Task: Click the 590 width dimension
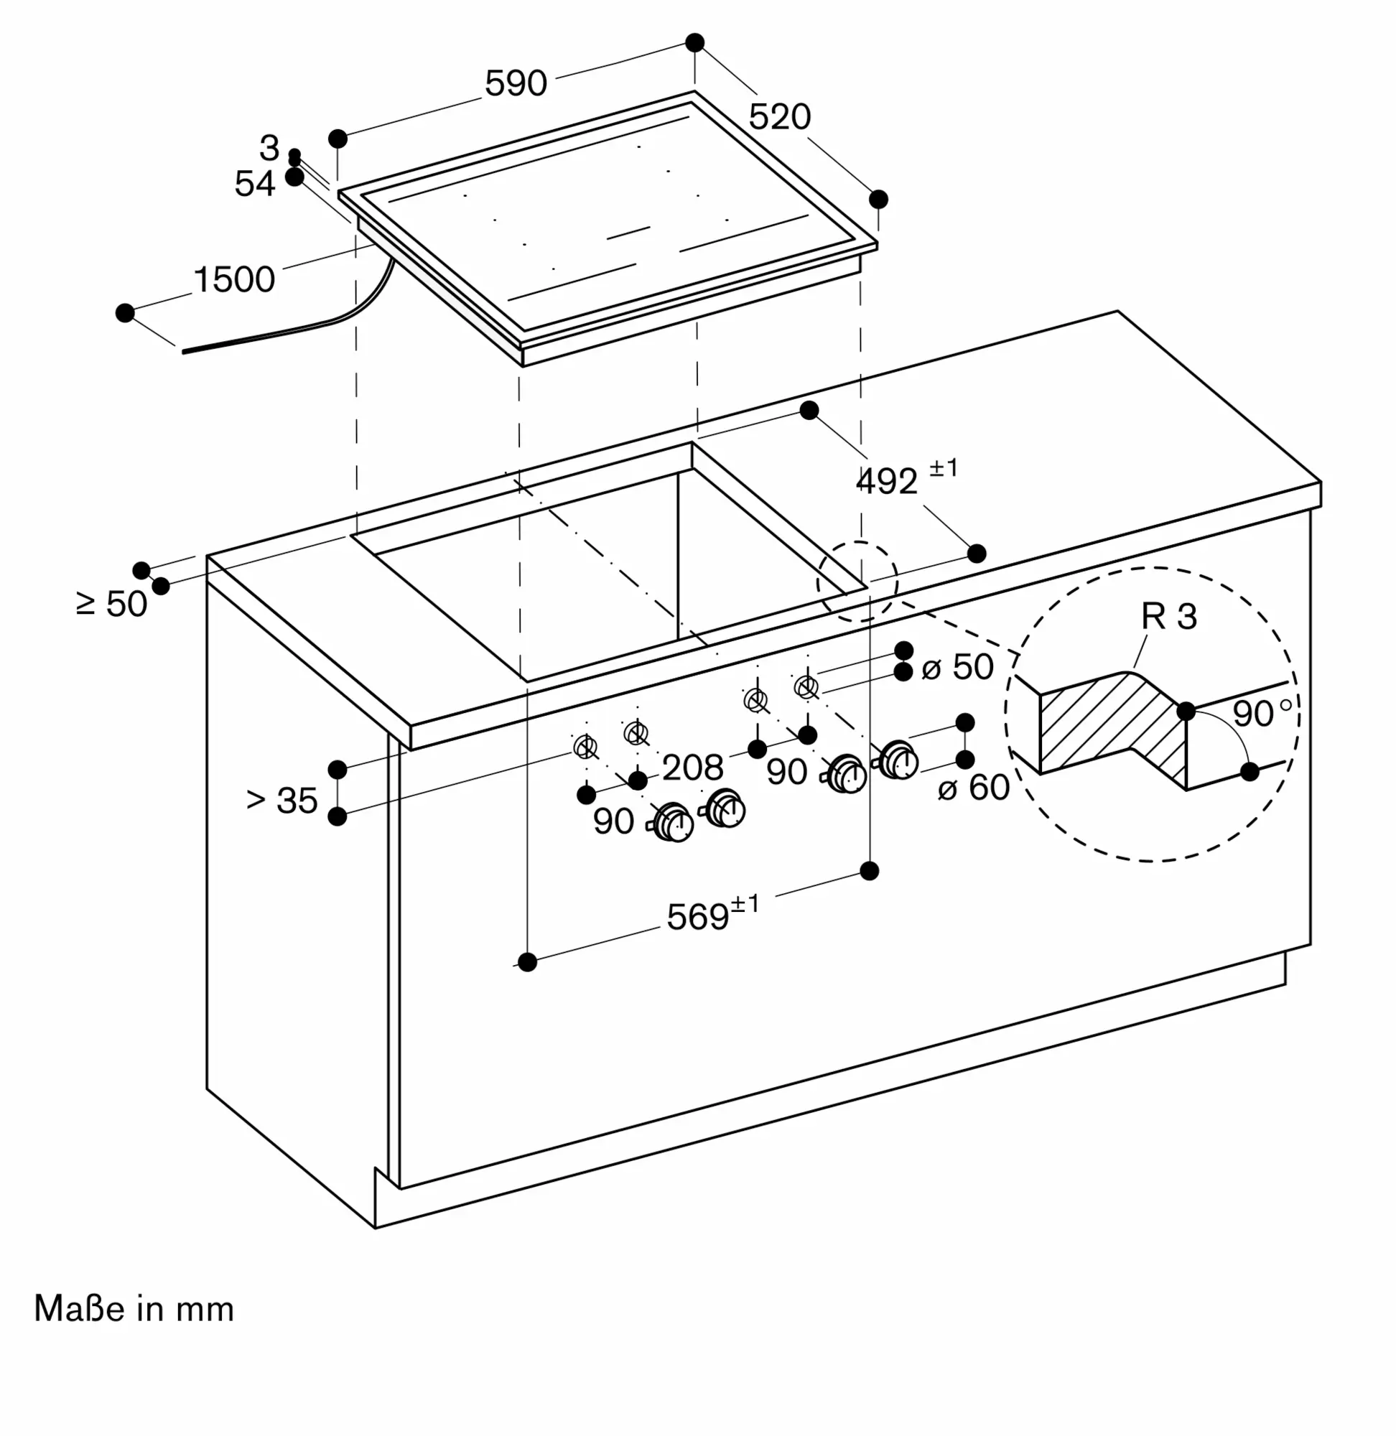(x=516, y=83)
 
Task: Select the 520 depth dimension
(x=779, y=116)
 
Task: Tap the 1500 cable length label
(x=234, y=279)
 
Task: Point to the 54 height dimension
(x=254, y=183)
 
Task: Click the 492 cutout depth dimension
(x=887, y=482)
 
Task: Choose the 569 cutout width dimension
(x=698, y=916)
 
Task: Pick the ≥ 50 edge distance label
(x=112, y=604)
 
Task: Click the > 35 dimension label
(x=282, y=801)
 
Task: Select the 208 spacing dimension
(x=692, y=768)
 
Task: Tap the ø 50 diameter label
(x=957, y=667)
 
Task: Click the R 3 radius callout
(x=1168, y=617)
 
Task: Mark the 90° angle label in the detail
(x=1261, y=713)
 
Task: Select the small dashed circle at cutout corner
(x=857, y=582)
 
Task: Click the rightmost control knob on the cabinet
(x=898, y=760)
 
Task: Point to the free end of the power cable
(x=185, y=351)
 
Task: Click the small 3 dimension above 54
(x=270, y=148)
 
